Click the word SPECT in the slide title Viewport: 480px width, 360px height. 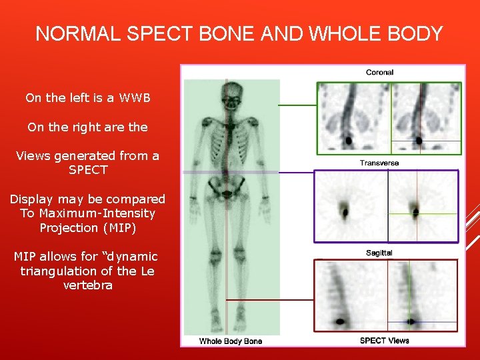pos(169,34)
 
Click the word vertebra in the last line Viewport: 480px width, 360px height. pos(88,285)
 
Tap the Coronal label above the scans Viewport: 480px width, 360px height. pos(379,72)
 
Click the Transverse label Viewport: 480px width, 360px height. pos(379,163)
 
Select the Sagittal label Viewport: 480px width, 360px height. pos(379,253)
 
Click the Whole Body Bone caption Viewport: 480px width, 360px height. pos(231,341)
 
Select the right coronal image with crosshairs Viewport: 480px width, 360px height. pos(424,119)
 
